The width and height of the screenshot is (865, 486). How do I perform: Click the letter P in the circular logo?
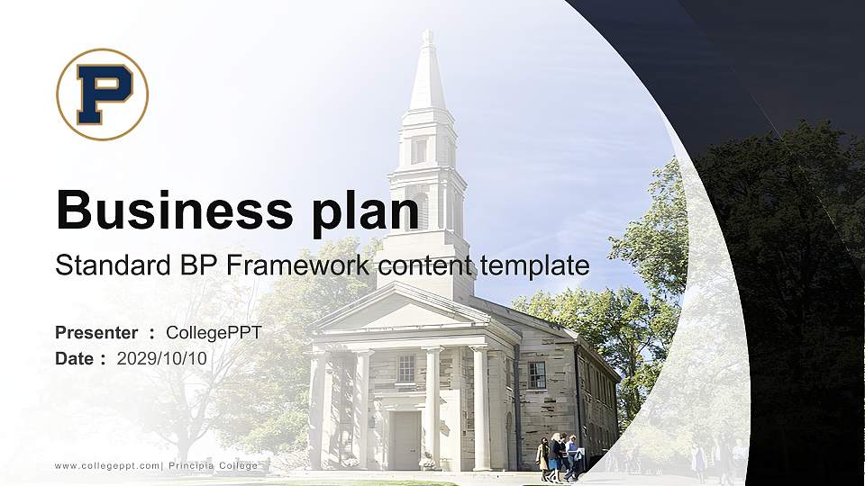click(103, 94)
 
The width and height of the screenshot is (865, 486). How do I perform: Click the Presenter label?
click(96, 333)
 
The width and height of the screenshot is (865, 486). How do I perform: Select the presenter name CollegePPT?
click(214, 333)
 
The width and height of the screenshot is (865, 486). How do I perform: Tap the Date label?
click(75, 358)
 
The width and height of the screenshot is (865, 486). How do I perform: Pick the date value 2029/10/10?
click(162, 358)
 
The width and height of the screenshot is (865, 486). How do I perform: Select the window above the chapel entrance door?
click(406, 368)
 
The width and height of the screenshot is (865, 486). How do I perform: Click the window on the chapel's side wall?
click(537, 374)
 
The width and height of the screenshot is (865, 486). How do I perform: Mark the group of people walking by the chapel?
click(560, 457)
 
